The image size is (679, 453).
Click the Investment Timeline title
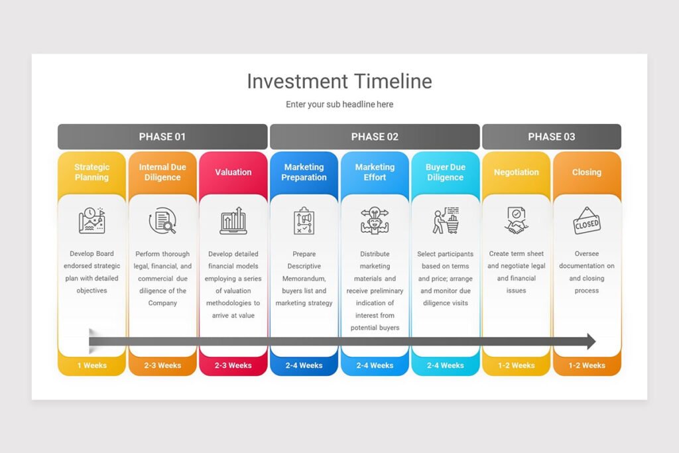click(339, 82)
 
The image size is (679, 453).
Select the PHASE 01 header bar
click(162, 137)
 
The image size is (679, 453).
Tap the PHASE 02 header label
click(375, 137)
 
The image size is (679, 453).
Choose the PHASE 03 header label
click(551, 137)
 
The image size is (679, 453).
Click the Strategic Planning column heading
click(92, 172)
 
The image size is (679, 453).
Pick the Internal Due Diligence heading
click(162, 172)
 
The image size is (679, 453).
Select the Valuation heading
click(233, 172)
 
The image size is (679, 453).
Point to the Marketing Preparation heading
click(304, 172)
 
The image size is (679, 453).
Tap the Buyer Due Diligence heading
click(446, 172)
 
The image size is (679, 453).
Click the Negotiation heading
click(516, 172)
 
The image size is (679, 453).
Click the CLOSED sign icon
click(587, 222)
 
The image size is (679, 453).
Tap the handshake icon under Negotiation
click(516, 222)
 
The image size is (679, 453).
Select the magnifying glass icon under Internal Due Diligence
click(162, 222)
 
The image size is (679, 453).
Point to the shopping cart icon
click(446, 222)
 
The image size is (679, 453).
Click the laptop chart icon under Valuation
click(233, 222)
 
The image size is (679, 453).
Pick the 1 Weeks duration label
click(92, 365)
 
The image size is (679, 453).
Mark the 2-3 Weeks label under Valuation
click(233, 365)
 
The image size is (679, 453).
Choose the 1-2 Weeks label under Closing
click(587, 365)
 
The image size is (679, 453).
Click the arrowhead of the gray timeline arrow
click(589, 342)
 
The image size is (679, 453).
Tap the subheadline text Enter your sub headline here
click(339, 104)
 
